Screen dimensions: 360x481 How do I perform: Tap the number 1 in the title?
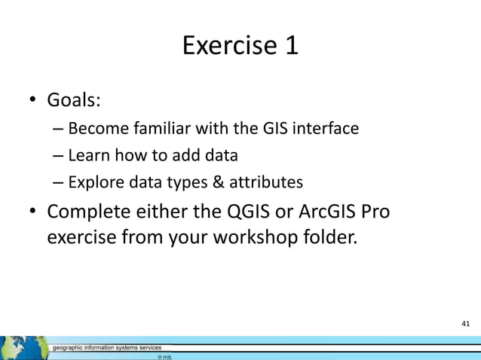(x=290, y=47)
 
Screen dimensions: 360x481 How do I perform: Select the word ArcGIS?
(x=329, y=212)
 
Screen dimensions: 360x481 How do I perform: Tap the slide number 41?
(x=465, y=323)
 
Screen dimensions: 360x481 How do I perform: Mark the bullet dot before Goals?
(x=33, y=102)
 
